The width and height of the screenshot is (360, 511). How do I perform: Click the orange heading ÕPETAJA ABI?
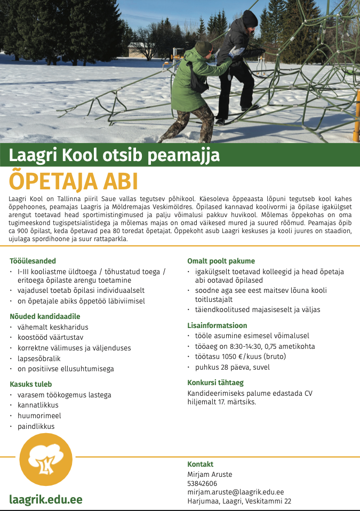click(74, 182)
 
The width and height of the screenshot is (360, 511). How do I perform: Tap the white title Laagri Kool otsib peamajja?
click(114, 155)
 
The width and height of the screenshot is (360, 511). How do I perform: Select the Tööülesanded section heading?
click(33, 261)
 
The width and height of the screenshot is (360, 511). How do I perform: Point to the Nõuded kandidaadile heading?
click(45, 316)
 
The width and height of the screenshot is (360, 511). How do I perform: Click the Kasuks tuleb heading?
click(30, 384)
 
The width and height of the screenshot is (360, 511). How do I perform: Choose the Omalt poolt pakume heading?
click(221, 261)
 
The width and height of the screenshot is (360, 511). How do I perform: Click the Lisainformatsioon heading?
click(217, 325)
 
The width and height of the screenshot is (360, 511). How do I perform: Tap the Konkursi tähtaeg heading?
click(215, 383)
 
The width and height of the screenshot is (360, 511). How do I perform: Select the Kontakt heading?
click(200, 464)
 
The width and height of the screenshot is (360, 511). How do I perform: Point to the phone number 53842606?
click(202, 483)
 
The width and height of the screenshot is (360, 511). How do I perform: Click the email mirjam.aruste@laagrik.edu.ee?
click(235, 492)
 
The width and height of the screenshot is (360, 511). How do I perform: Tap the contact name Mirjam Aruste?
click(210, 474)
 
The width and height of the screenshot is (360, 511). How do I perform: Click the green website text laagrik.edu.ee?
click(46, 499)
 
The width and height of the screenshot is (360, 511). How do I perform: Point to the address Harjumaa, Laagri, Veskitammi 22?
click(239, 501)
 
